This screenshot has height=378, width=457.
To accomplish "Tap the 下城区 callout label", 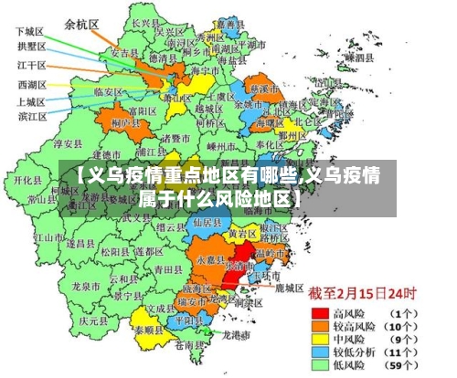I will [x=32, y=31].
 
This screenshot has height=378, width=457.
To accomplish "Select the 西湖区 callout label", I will [x=32, y=84].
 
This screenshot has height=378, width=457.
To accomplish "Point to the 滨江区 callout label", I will [x=32, y=116].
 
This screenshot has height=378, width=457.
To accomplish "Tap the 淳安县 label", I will [x=69, y=143].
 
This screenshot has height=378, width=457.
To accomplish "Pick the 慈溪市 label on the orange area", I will [x=265, y=89].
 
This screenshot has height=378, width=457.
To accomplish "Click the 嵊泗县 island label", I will [x=358, y=57].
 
